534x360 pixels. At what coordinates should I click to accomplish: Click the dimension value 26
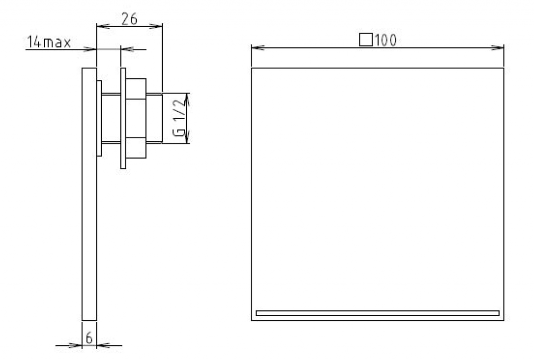129,19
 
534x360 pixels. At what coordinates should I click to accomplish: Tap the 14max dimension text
48,42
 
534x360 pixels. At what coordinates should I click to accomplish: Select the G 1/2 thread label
179,118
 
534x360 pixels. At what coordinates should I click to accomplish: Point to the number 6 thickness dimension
89,338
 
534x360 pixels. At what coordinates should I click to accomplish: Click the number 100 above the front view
385,41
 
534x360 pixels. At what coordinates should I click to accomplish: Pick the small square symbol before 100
366,40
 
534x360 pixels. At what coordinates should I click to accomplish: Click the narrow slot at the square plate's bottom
378,314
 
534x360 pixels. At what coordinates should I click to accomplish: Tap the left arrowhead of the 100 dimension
258,47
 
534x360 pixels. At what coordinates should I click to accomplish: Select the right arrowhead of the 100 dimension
497,47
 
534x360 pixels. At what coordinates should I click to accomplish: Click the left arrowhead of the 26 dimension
103,26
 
